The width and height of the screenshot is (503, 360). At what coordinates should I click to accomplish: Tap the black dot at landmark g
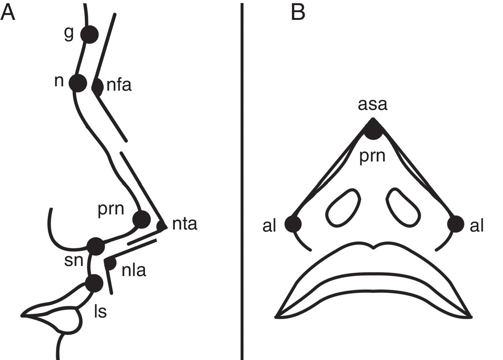89,34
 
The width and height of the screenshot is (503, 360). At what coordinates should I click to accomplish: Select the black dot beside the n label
78,83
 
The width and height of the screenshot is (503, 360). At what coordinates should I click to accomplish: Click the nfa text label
119,85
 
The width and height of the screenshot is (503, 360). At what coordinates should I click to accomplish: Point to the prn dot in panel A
141,219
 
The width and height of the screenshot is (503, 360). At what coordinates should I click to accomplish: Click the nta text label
184,224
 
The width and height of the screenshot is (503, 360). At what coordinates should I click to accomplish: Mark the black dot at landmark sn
96,246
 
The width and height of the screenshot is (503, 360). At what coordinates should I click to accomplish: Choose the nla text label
134,270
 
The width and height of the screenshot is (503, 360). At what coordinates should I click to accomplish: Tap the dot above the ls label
94,283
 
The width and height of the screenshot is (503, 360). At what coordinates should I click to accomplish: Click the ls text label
100,312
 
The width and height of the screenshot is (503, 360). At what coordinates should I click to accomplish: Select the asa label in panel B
373,104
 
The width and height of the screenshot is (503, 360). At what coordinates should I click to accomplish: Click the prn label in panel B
372,156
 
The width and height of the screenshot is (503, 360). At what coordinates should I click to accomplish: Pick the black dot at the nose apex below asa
373,130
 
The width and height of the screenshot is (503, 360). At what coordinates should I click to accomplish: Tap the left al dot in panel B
293,224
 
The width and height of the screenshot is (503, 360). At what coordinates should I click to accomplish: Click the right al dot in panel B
455,224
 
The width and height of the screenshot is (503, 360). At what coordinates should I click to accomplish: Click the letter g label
69,34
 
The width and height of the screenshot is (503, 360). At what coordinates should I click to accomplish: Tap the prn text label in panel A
111,209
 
